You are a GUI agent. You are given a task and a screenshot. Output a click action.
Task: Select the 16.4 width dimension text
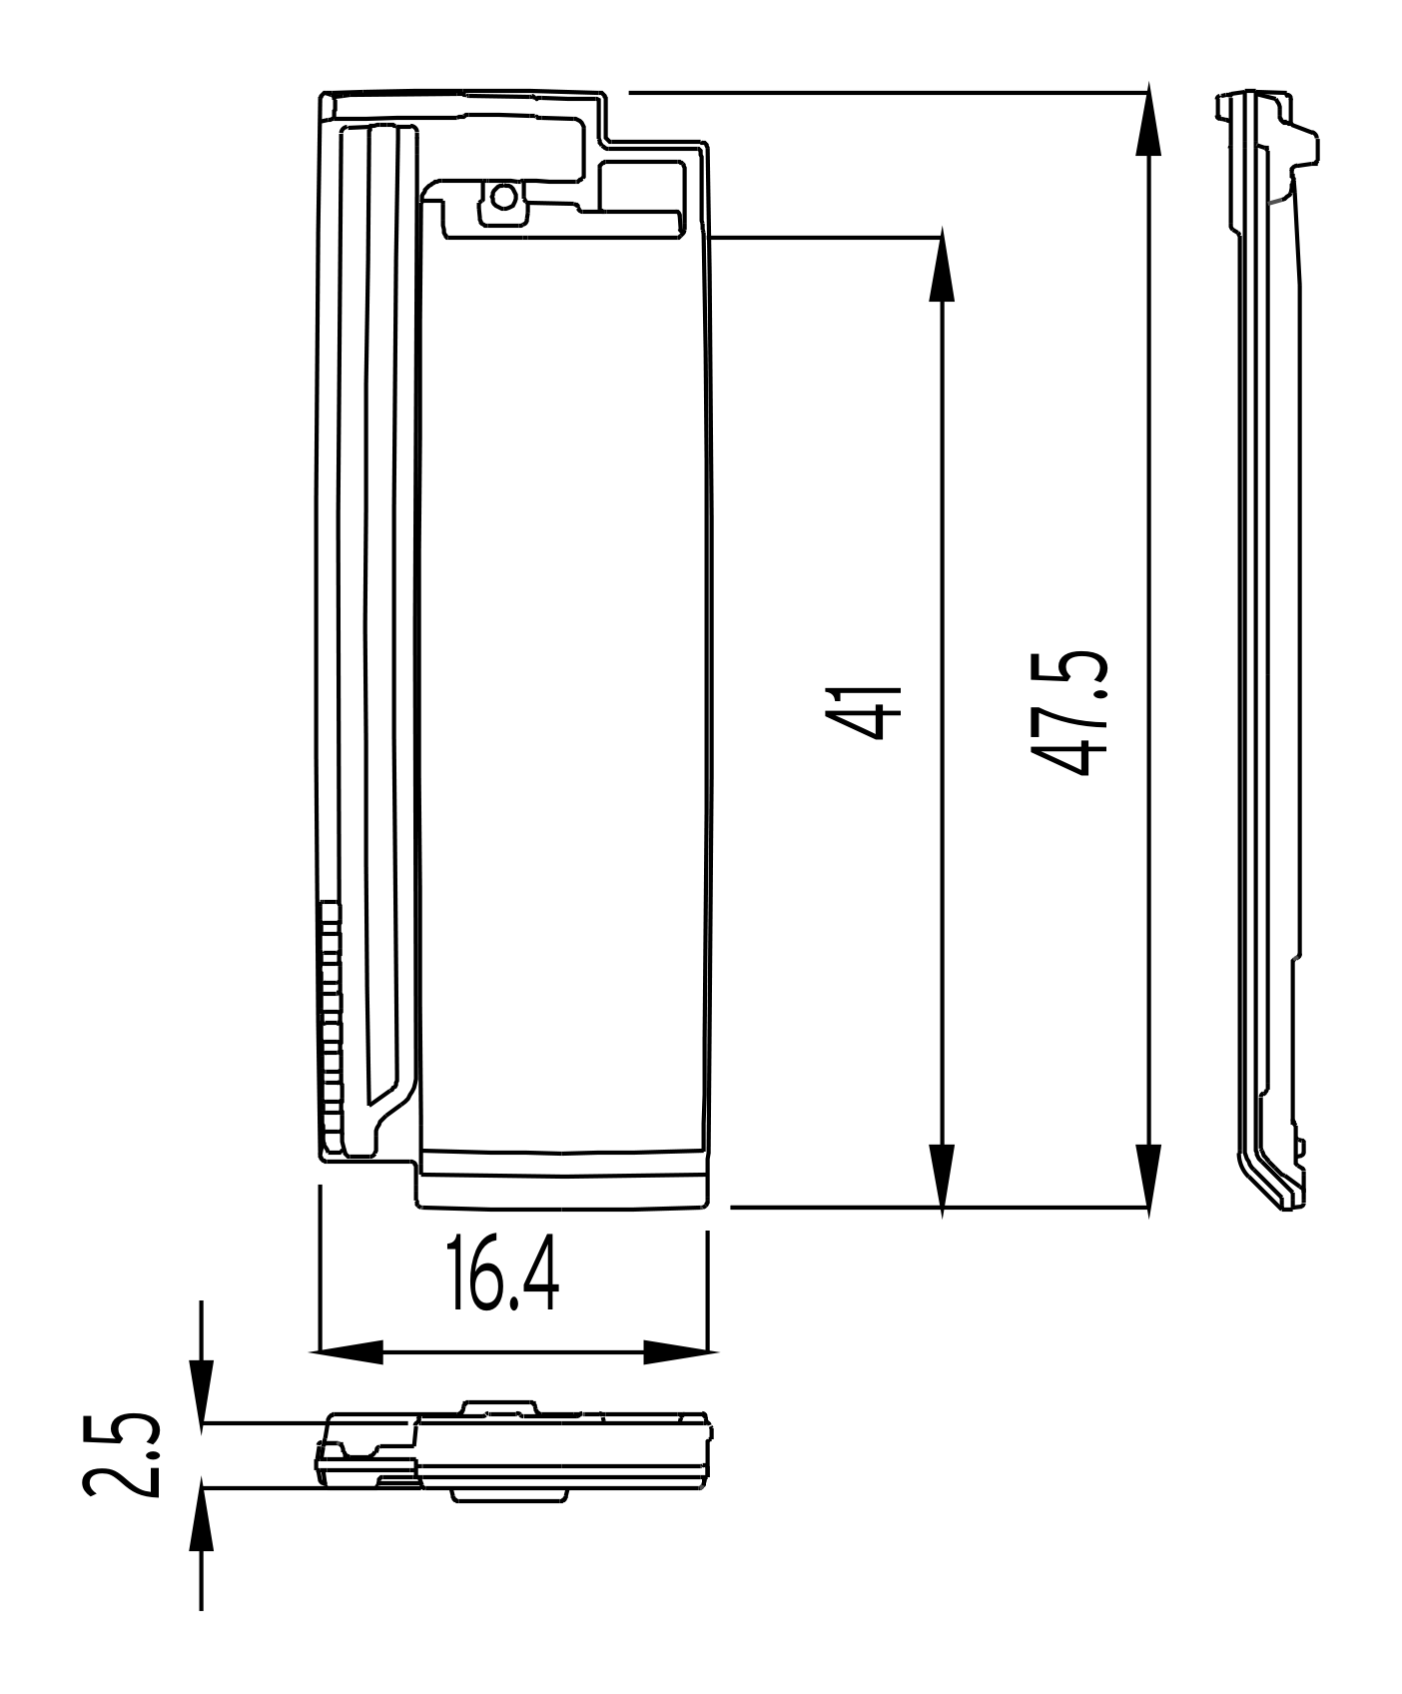coord(502,1275)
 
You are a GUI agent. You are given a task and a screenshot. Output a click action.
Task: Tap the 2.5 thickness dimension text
coord(121,1454)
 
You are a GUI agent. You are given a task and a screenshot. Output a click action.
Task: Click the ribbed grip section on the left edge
coord(331,1019)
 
